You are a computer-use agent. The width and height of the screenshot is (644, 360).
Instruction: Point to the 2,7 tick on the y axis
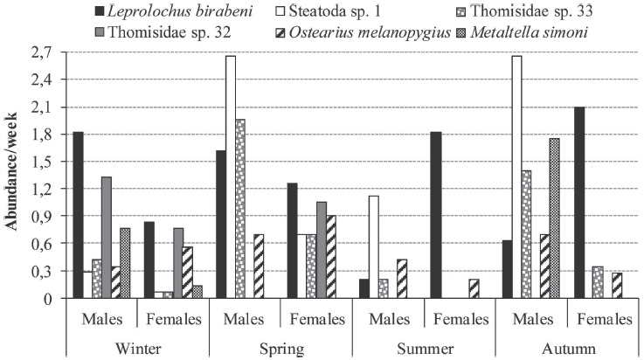(45, 52)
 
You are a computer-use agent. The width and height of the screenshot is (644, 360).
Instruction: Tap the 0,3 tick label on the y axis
(45, 271)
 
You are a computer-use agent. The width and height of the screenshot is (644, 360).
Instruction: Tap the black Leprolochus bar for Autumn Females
(578, 202)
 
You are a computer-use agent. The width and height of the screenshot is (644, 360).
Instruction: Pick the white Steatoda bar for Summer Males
(372, 246)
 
